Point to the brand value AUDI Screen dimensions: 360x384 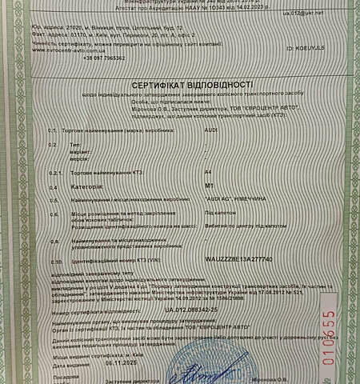[233, 128]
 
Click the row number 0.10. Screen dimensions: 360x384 [55, 261]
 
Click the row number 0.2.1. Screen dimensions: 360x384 [55, 173]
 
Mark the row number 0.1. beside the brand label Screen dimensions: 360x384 [54, 129]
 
